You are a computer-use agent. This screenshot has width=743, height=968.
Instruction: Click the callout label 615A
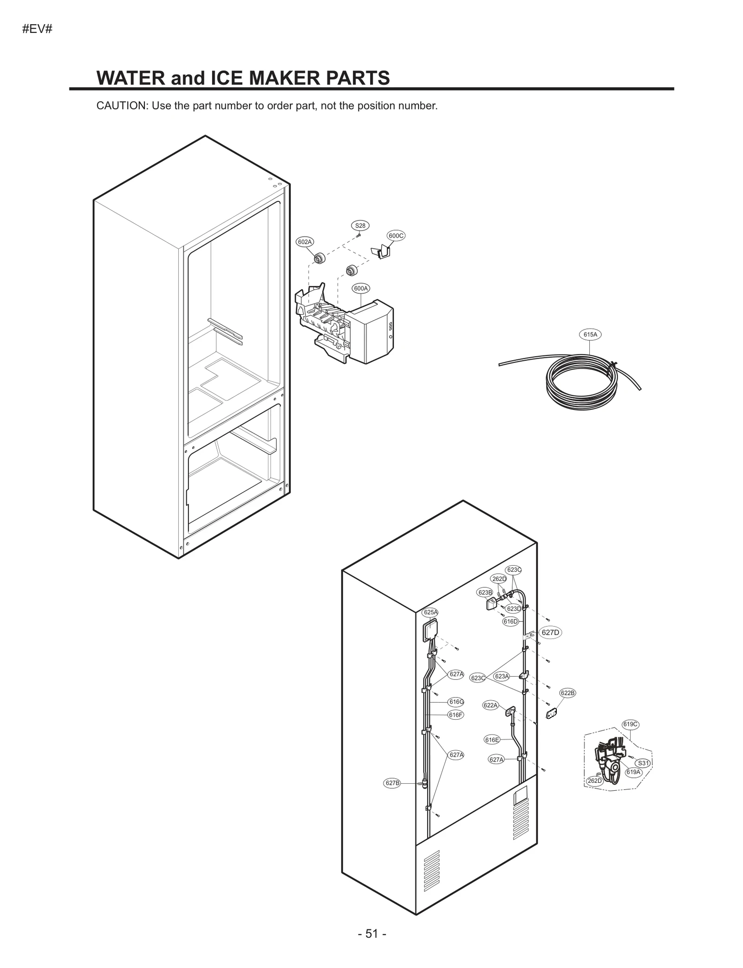point(590,334)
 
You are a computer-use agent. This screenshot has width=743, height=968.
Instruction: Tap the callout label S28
point(360,226)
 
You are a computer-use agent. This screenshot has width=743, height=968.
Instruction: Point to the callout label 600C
point(396,236)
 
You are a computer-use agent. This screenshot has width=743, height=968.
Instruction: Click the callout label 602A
point(305,242)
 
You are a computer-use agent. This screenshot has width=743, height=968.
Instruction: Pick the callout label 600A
point(361,288)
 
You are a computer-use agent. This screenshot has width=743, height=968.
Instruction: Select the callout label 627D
point(550,632)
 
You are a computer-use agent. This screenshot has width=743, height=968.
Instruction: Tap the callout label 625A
point(430,613)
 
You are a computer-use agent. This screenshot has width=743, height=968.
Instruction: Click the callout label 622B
point(567,693)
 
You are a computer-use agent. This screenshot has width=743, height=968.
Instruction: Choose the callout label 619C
point(630,724)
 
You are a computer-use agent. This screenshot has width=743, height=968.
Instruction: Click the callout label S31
point(643,763)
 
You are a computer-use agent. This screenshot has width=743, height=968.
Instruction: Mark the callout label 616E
point(492,740)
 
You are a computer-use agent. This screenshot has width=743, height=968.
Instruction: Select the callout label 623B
point(485,593)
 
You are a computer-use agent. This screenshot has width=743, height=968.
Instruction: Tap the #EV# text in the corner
point(37,29)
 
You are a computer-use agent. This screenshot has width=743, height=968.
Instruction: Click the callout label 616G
point(456,702)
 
